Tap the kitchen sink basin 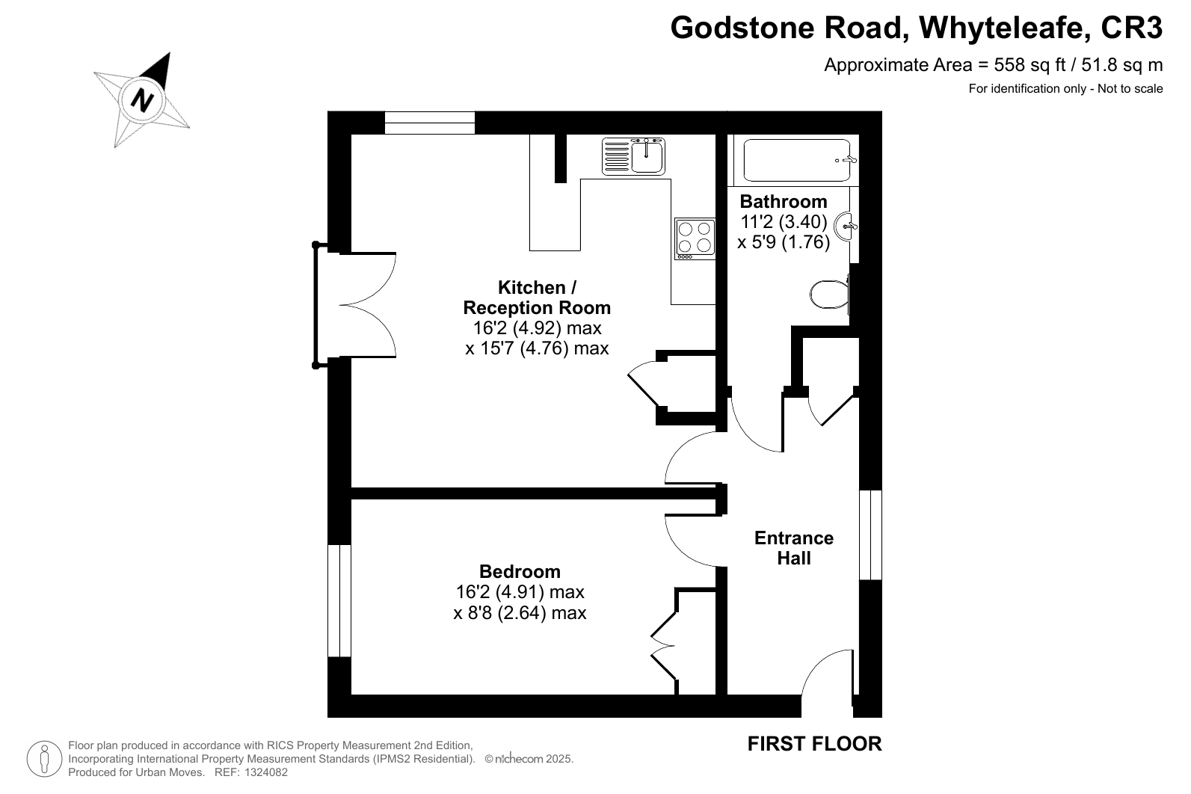tap(647, 156)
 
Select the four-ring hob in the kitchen tap(695, 238)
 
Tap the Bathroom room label tap(784, 202)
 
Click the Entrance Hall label tap(794, 548)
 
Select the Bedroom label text tap(520, 571)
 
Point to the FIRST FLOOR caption tap(814, 743)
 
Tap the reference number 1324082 tap(266, 772)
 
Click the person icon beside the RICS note tap(45, 759)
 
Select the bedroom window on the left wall tap(339, 600)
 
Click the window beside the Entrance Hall tap(871, 535)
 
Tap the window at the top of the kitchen tap(430, 123)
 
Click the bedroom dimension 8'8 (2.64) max tap(520, 613)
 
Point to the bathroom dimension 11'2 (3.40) tap(784, 221)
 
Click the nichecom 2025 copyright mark tap(529, 759)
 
